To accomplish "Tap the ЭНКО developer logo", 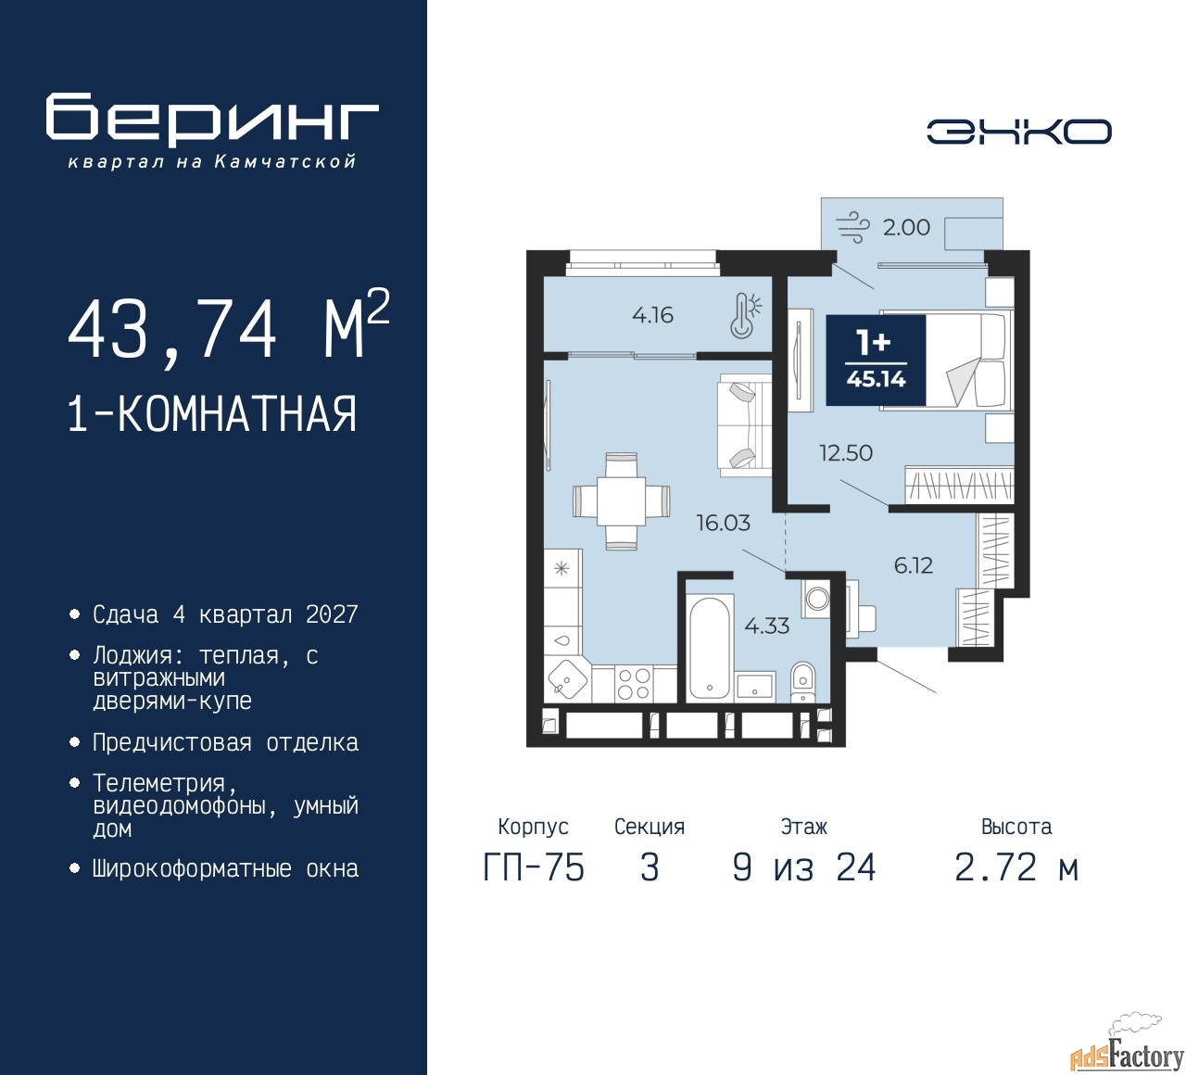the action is (1018, 132).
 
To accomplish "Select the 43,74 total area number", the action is (172, 329).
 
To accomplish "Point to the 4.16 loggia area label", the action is (652, 315).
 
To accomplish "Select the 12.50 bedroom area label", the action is (845, 453).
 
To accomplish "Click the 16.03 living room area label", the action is (723, 523).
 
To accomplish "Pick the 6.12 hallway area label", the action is (914, 566).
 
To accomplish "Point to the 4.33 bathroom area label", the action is (767, 626).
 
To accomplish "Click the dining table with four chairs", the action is (622, 501).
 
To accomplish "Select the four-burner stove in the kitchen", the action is (634, 683).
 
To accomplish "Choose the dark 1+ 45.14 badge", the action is (876, 360).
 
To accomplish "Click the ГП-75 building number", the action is (534, 868).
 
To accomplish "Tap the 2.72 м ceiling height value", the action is (1016, 868).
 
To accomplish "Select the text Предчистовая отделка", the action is (225, 742).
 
